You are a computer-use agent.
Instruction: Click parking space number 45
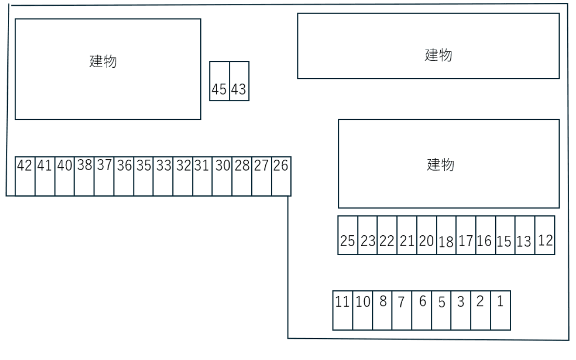(x=219, y=81)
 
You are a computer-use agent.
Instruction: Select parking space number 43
(x=239, y=81)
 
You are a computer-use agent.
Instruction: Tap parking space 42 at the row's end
(x=25, y=176)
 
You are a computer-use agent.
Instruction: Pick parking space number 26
(x=281, y=176)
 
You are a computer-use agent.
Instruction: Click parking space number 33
(x=163, y=176)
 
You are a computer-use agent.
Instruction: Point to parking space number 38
(x=84, y=176)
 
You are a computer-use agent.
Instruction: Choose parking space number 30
(x=222, y=176)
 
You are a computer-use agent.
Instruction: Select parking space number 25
(x=348, y=235)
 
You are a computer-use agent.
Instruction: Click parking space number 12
(x=545, y=235)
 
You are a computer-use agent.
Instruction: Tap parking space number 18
(x=446, y=235)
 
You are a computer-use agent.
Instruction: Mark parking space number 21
(x=407, y=235)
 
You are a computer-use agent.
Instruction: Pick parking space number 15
(x=505, y=235)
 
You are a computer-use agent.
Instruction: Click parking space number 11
(x=343, y=310)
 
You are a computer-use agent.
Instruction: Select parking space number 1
(x=500, y=310)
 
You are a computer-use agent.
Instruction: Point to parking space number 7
(x=402, y=310)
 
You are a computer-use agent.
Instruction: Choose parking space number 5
(x=441, y=310)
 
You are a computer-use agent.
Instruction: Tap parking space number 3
(x=461, y=310)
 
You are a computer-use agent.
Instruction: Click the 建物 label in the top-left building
(x=103, y=62)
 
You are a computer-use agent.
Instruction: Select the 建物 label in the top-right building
(x=438, y=55)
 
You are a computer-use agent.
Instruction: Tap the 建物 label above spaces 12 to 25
(x=440, y=165)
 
